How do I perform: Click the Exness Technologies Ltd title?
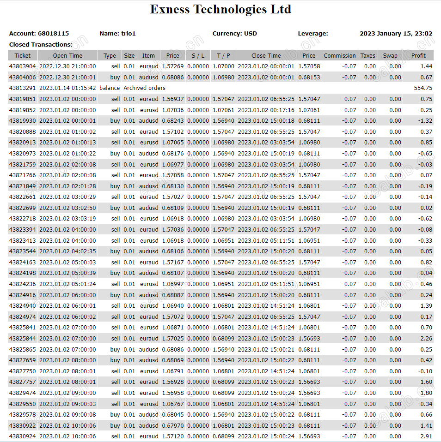[220, 9]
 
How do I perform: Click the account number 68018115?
[53, 34]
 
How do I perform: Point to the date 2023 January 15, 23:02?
[396, 34]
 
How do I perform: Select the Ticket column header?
[22, 56]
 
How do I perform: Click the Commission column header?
[340, 56]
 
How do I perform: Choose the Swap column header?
[390, 56]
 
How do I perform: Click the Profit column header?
[418, 56]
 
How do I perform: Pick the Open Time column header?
[67, 56]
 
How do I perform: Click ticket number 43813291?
[23, 88]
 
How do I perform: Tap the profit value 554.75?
[423, 88]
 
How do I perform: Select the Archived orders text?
[144, 88]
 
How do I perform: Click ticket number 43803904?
[23, 66]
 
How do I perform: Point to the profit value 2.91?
[426, 436]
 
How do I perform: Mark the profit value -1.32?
[425, 121]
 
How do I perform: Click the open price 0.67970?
[172, 426]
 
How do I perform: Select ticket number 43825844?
[23, 339]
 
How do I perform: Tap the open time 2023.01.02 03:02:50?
[67, 208]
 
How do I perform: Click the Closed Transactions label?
[41, 45]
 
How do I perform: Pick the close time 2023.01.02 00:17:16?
[266, 110]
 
